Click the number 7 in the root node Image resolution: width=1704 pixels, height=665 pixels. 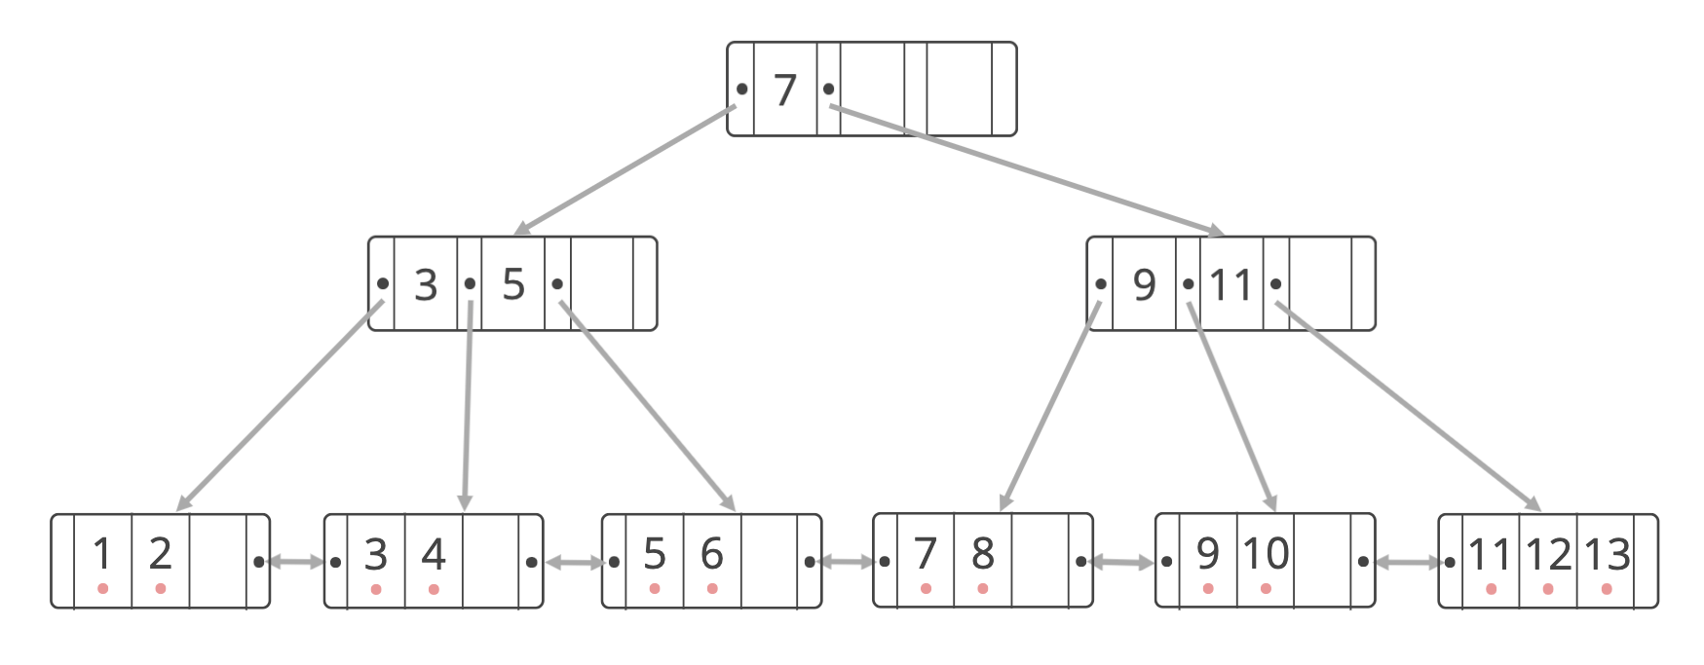click(785, 90)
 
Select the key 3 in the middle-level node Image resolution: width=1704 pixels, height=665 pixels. click(426, 284)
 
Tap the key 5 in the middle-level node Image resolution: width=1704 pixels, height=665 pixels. click(513, 284)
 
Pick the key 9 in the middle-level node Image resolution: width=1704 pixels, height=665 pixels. click(1144, 284)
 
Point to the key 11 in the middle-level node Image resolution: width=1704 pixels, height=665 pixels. click(1231, 285)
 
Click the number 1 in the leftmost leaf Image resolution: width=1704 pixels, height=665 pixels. click(102, 554)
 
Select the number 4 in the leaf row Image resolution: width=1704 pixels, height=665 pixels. click(434, 554)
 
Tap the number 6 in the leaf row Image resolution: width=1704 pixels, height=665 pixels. click(712, 554)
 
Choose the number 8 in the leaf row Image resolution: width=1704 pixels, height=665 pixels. click(983, 553)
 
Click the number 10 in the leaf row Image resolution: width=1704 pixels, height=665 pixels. click(1266, 553)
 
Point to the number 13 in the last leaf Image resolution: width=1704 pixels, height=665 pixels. click(1608, 554)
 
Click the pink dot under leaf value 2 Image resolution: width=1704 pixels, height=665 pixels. click(161, 589)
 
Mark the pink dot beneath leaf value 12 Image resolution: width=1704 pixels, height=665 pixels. click(1548, 589)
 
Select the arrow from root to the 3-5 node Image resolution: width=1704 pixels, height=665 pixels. click(624, 170)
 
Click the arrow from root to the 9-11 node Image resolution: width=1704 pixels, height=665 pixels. click(1023, 169)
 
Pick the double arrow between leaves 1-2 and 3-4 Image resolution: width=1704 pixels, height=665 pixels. click(296, 562)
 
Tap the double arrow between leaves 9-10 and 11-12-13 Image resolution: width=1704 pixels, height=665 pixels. click(1407, 562)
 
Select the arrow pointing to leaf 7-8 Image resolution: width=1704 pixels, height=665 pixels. click(1050, 406)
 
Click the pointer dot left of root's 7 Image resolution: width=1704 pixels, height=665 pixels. click(742, 89)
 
